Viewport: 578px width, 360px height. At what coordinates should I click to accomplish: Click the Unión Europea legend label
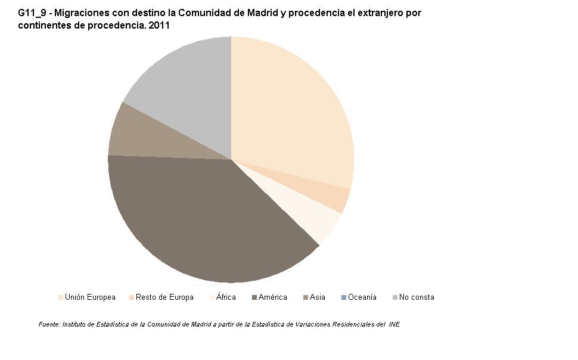pyautogui.click(x=90, y=297)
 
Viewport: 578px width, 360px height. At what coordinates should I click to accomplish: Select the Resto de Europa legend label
pyautogui.click(x=164, y=297)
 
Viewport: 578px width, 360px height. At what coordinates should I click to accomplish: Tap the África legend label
pyautogui.click(x=226, y=297)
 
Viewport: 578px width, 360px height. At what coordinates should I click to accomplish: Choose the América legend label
pyautogui.click(x=272, y=297)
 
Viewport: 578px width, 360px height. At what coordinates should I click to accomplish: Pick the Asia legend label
pyautogui.click(x=318, y=297)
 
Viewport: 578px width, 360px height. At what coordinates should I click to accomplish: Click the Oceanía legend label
pyautogui.click(x=362, y=297)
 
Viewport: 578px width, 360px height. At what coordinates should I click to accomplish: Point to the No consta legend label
pyautogui.click(x=417, y=297)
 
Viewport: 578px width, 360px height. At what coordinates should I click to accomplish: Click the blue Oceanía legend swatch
pyautogui.click(x=344, y=297)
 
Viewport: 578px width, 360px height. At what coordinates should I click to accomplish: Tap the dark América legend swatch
pyautogui.click(x=254, y=297)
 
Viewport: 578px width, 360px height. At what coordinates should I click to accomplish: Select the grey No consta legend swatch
pyautogui.click(x=395, y=297)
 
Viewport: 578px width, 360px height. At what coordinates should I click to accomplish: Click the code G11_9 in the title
pyautogui.click(x=32, y=13)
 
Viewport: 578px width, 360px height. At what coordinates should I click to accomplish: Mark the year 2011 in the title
pyautogui.click(x=159, y=26)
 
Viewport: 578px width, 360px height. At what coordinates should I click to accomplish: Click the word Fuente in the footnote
pyautogui.click(x=49, y=324)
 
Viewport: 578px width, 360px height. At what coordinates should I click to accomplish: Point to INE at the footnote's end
pyautogui.click(x=394, y=324)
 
